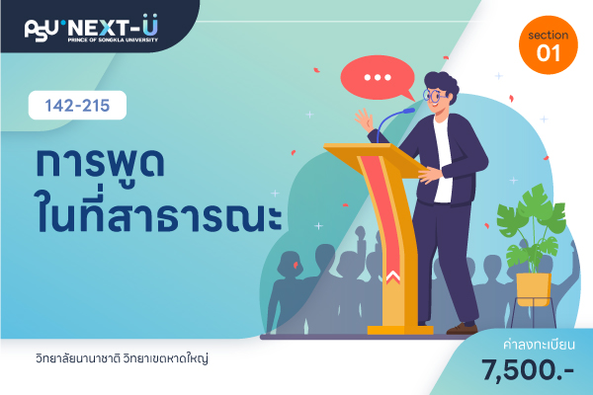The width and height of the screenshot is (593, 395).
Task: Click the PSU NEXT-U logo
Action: [91, 28]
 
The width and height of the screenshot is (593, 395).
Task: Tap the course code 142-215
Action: [77, 106]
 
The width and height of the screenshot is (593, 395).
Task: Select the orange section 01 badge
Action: [548, 44]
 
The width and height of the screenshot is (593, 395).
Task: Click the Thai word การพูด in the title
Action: [100, 162]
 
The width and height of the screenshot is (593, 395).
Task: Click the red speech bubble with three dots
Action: [378, 77]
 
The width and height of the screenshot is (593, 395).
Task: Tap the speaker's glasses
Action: [434, 95]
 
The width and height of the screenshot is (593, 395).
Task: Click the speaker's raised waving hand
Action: [364, 120]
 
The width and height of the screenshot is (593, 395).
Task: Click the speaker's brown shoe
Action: [462, 329]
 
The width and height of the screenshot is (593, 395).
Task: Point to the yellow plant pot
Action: [534, 289]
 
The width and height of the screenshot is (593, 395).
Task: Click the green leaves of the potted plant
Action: [532, 227]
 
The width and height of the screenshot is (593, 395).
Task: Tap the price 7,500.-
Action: [528, 369]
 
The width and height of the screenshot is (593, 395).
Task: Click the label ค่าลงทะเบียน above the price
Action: [539, 345]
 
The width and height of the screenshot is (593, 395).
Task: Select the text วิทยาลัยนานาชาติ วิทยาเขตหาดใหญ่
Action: [122, 358]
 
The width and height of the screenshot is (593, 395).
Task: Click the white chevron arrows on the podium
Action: [393, 276]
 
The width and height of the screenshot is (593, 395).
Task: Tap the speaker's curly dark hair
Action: [443, 84]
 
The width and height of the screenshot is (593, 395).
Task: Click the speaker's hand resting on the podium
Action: [430, 175]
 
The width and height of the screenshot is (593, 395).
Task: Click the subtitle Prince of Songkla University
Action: [113, 39]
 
